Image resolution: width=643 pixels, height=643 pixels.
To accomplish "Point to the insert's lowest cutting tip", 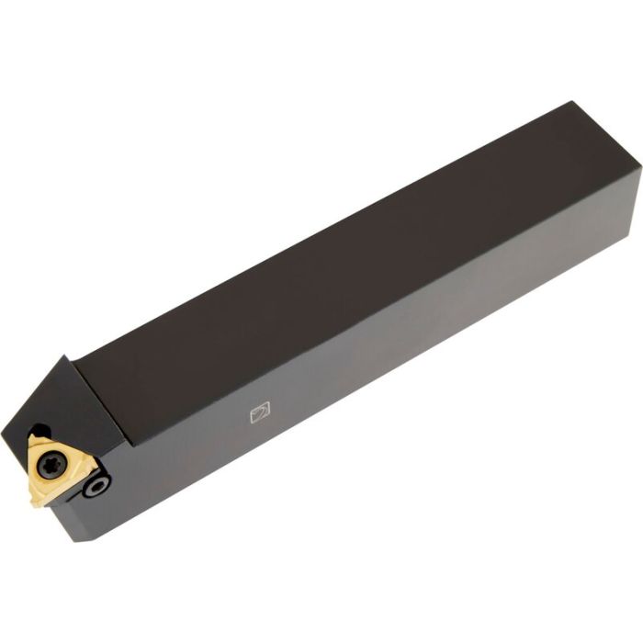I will pos(35,503).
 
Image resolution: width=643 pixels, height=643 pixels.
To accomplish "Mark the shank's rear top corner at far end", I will pos(573,102).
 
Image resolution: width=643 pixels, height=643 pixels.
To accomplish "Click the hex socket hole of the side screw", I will pos(95,486).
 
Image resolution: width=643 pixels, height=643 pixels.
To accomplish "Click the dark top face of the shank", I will pos(349,266).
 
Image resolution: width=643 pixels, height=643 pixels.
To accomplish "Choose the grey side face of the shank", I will pos(386,367).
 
